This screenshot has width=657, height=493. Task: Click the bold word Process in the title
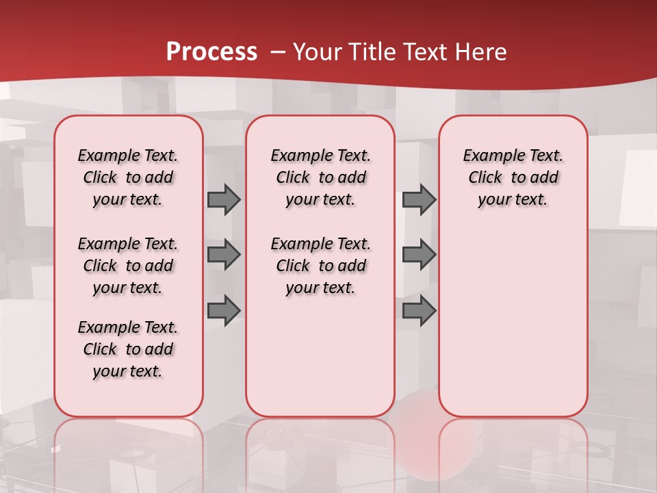point(211,52)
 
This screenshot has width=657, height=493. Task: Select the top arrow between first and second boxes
point(224,199)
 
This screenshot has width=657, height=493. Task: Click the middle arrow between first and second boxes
point(224,255)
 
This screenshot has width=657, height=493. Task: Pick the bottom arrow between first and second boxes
point(224,311)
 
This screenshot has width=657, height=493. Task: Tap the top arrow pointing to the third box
point(419,199)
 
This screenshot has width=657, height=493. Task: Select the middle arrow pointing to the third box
point(419,255)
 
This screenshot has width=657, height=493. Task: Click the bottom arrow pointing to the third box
point(419,311)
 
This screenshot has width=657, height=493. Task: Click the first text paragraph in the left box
point(128,177)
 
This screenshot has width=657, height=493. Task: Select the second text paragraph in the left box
point(128,266)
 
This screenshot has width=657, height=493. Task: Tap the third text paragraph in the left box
point(128,349)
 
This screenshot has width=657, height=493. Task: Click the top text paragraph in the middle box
point(320,177)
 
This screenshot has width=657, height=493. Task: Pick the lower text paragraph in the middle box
point(320,266)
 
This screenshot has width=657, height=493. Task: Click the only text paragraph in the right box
point(513,177)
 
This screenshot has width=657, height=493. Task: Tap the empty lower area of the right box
point(513,322)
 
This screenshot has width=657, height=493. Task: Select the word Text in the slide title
point(422,52)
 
